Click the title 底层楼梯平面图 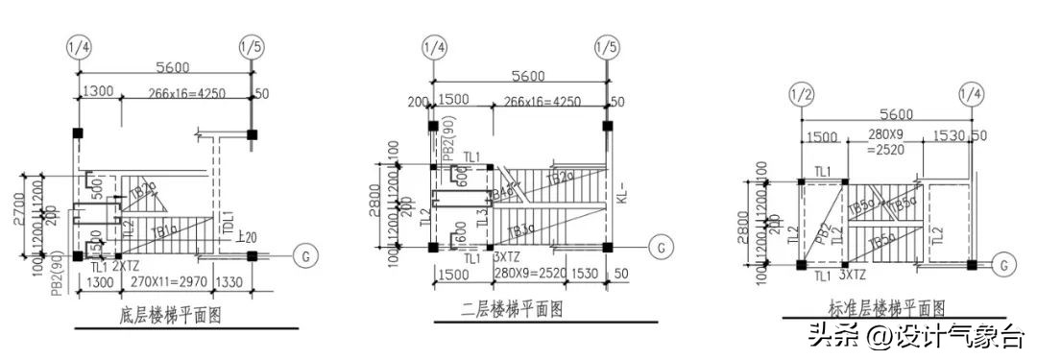click(x=158, y=315)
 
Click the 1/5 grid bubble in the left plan click(x=251, y=45)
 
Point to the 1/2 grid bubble click(x=802, y=94)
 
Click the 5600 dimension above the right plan click(x=885, y=114)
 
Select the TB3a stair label click(x=523, y=230)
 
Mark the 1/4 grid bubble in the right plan click(x=971, y=94)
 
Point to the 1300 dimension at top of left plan click(x=98, y=92)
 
